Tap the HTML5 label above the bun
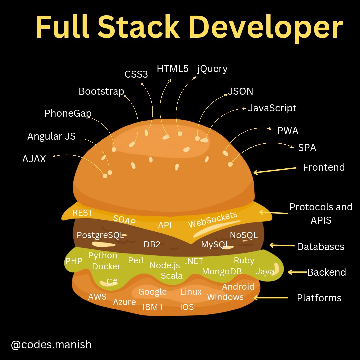(173, 69)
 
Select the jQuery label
(212, 69)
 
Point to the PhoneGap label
(68, 113)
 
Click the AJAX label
(34, 159)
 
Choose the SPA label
(307, 147)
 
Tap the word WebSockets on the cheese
(213, 220)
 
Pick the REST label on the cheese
(83, 213)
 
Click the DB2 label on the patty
(152, 244)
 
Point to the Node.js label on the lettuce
(165, 265)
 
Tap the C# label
(112, 282)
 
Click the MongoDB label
(222, 271)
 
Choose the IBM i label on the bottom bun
(152, 307)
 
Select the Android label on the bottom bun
(238, 287)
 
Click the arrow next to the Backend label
(297, 272)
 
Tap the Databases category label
(320, 247)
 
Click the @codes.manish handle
(51, 344)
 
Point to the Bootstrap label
(101, 91)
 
